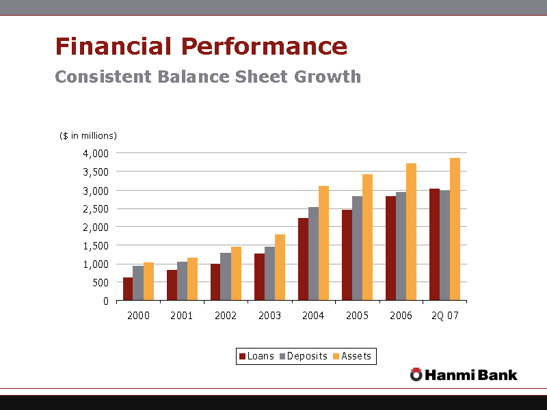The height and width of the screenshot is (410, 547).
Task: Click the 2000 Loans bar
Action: [x=128, y=289]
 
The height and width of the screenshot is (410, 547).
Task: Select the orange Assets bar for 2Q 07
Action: [x=455, y=230]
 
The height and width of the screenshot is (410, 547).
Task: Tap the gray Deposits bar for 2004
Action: [x=313, y=254]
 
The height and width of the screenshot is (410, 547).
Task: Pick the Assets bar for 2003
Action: [x=280, y=267]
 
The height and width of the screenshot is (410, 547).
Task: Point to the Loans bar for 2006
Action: [x=390, y=248]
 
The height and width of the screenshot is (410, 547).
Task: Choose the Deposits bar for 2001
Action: [x=182, y=281]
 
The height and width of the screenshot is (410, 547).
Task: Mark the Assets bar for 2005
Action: [x=367, y=237]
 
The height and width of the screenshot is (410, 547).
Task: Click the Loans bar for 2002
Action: [x=215, y=282]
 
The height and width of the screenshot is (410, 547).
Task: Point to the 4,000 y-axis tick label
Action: [x=96, y=153]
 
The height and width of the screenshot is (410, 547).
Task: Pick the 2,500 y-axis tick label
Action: [x=96, y=208]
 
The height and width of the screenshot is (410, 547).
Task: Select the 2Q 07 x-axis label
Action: [x=444, y=316]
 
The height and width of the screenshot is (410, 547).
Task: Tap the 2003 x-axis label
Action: [x=269, y=316]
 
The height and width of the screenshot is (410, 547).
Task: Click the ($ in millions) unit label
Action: [x=88, y=135]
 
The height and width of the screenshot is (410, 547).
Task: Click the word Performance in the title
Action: [x=264, y=46]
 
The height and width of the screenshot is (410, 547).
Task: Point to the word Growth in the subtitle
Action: [x=328, y=77]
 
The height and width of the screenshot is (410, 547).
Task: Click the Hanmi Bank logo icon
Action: [x=416, y=374]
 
